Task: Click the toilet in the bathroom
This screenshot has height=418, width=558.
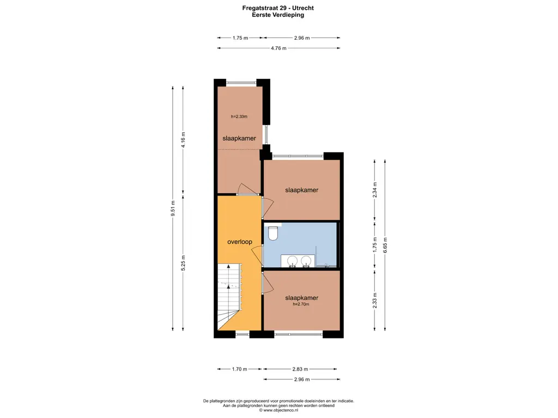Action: [x=273, y=233]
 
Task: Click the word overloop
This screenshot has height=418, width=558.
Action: [x=239, y=242]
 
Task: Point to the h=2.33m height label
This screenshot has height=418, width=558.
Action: [x=239, y=116]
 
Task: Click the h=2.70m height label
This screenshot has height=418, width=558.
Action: [x=301, y=305]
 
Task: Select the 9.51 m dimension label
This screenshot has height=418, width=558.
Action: [x=173, y=209]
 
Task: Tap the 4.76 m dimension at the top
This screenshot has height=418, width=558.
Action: [x=279, y=48]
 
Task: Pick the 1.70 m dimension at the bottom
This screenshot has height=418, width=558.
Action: [x=240, y=369]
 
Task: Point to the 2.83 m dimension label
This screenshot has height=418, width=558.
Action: [x=301, y=369]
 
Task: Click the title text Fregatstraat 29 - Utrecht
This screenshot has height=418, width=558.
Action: [x=278, y=8]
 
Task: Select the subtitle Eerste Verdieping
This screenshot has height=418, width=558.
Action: [x=278, y=15]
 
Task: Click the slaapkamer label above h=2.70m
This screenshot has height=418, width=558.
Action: [x=301, y=298]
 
